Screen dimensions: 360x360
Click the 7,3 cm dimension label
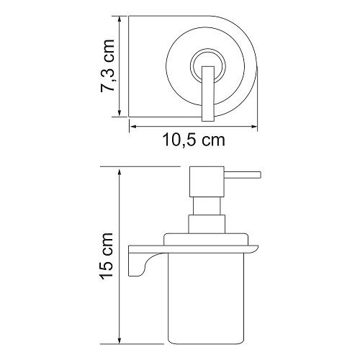coord(106,69)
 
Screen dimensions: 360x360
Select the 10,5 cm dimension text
coord(192,140)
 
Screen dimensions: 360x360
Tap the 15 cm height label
coord(107,255)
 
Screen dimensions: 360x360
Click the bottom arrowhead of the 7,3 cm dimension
coord(120,115)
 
